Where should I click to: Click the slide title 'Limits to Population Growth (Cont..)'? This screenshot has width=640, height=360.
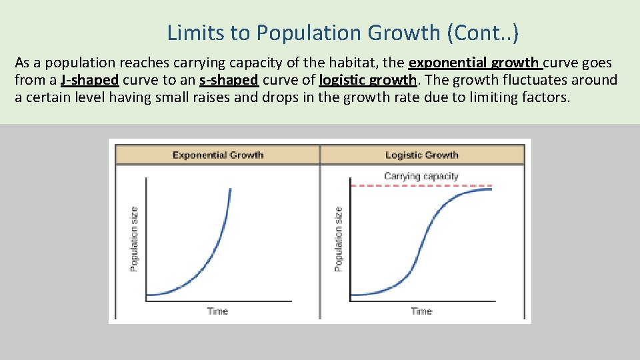click(x=343, y=32)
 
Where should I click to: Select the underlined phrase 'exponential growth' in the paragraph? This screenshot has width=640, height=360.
click(x=474, y=63)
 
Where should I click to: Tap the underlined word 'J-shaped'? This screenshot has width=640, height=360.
click(x=89, y=80)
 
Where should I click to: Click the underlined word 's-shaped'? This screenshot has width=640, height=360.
click(x=229, y=80)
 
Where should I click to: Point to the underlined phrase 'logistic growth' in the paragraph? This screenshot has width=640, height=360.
click(x=368, y=80)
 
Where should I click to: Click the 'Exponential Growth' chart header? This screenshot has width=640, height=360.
click(x=218, y=155)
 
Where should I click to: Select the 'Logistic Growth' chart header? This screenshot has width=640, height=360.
click(x=422, y=155)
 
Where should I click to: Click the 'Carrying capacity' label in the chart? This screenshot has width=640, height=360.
click(x=421, y=176)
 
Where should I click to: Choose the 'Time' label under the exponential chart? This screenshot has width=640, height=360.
click(x=217, y=311)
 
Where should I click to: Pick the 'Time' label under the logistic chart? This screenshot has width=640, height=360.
click(x=421, y=311)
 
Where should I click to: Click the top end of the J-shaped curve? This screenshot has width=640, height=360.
click(x=231, y=190)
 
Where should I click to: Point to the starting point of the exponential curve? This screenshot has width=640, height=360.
click(x=148, y=295)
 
